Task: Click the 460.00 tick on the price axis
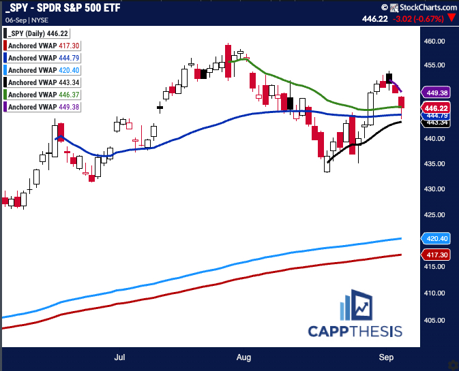[x=434, y=41]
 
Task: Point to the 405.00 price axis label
[x=434, y=319]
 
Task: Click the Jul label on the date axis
[x=120, y=355]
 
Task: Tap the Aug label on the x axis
[x=243, y=355]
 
